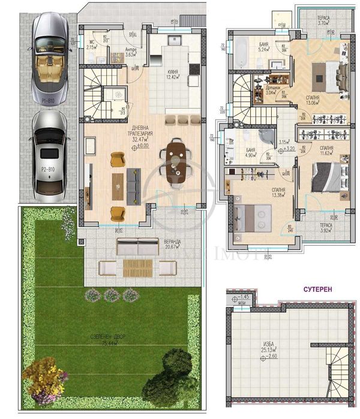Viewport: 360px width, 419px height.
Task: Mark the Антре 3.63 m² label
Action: click(132, 53)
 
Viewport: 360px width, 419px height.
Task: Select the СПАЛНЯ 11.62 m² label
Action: click(328, 152)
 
